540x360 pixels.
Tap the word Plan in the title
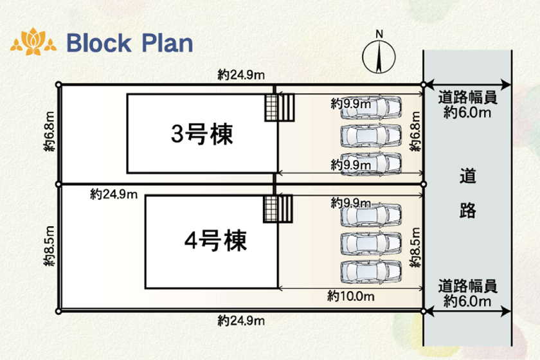click(163, 43)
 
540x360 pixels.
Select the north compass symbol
click(378, 57)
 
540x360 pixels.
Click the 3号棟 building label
click(201, 134)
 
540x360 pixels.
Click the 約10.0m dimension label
click(350, 296)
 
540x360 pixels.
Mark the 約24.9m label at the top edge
click(241, 75)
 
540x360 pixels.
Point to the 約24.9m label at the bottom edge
click(241, 320)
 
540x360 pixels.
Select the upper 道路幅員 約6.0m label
click(467, 105)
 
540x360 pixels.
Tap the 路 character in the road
click(467, 210)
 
